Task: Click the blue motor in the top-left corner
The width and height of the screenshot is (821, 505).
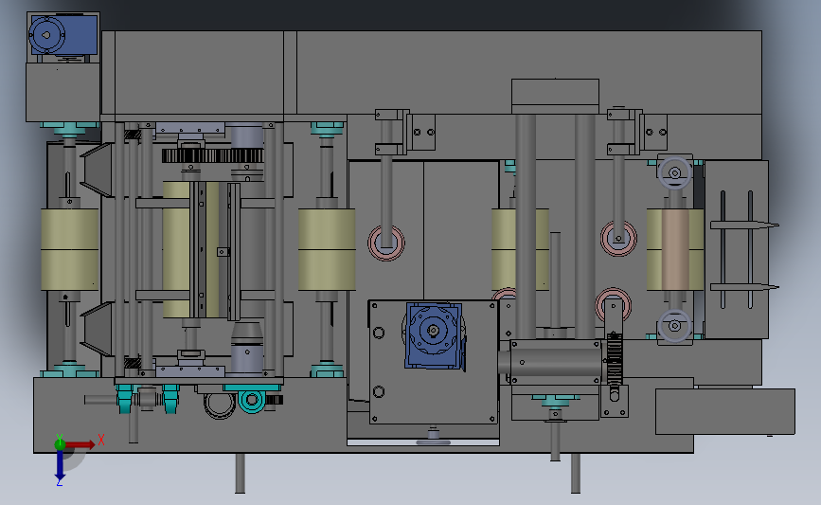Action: [x=62, y=36]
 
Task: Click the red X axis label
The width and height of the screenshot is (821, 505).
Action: [x=100, y=439]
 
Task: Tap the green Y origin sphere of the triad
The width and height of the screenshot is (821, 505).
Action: [x=59, y=442]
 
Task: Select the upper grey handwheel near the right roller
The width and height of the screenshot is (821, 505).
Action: [x=675, y=173]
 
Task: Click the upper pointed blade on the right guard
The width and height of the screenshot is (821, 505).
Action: [x=748, y=225]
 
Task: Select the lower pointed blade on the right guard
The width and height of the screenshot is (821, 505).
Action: [x=748, y=287]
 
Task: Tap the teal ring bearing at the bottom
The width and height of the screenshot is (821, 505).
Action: [x=252, y=401]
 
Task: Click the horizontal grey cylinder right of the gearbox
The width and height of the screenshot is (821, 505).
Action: [x=554, y=360]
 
